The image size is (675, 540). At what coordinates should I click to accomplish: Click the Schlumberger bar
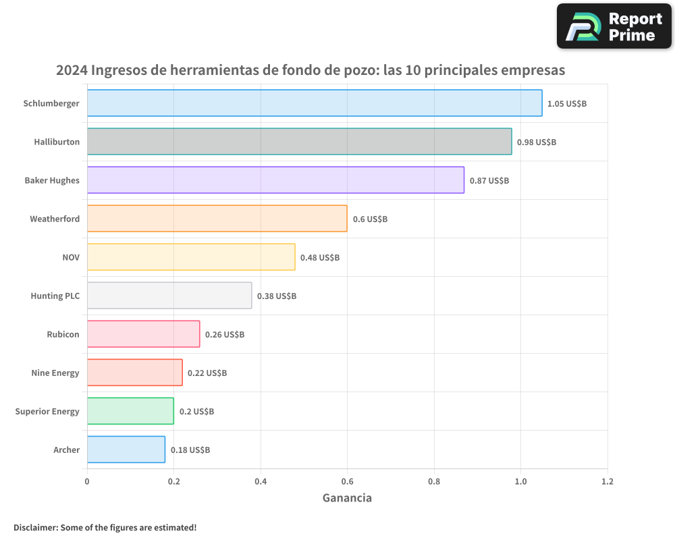314,103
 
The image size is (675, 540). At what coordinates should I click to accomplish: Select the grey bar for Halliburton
299,142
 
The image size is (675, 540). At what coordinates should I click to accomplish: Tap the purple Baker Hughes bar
275,180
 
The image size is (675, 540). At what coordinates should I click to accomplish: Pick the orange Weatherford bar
217,219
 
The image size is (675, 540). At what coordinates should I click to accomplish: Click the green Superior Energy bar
130,411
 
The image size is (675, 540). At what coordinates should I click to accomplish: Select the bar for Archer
126,450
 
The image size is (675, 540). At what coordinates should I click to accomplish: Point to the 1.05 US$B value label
567,104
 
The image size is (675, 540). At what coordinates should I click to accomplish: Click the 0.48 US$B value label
320,258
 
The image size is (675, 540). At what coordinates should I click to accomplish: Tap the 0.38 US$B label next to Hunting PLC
277,296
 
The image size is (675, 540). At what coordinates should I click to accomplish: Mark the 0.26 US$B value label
225,335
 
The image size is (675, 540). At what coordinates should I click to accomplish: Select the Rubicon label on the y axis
63,334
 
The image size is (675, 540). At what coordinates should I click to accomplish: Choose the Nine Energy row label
55,373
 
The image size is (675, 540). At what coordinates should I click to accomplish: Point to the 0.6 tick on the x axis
347,482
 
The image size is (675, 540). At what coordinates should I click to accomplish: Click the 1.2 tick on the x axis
607,482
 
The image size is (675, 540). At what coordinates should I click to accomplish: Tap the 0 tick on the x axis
87,482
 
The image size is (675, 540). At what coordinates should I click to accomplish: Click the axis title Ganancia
347,498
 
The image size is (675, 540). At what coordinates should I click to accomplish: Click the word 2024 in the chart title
72,70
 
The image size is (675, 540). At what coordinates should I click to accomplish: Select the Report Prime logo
614,26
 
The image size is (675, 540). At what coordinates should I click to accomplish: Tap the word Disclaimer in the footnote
35,528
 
